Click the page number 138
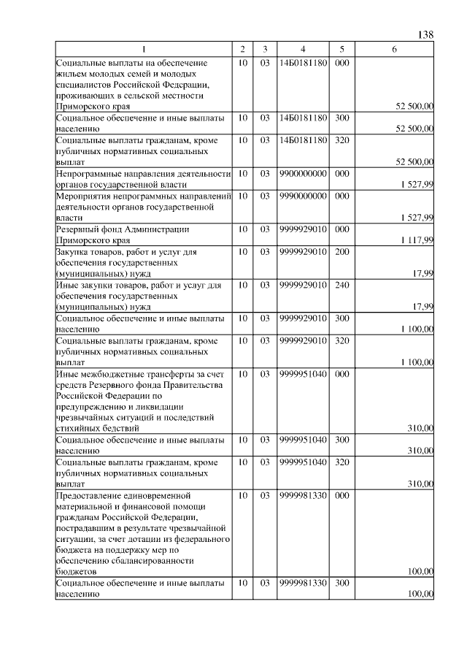coord(425,35)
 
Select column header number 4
coord(302,49)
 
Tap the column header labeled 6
coord(394,49)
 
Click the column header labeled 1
coord(144,49)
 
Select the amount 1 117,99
coord(417,240)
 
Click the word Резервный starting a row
coord(77,229)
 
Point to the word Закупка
coord(73,252)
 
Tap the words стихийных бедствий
coord(98,428)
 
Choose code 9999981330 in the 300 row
coord(302,584)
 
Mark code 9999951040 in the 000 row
coord(302,374)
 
